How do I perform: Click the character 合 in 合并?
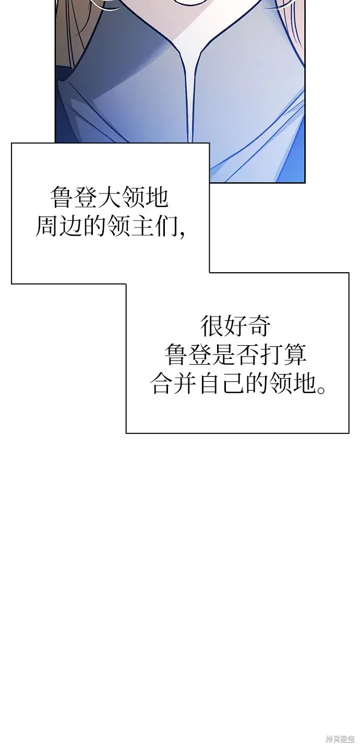(x=162, y=383)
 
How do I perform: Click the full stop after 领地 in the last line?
(x=320, y=390)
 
